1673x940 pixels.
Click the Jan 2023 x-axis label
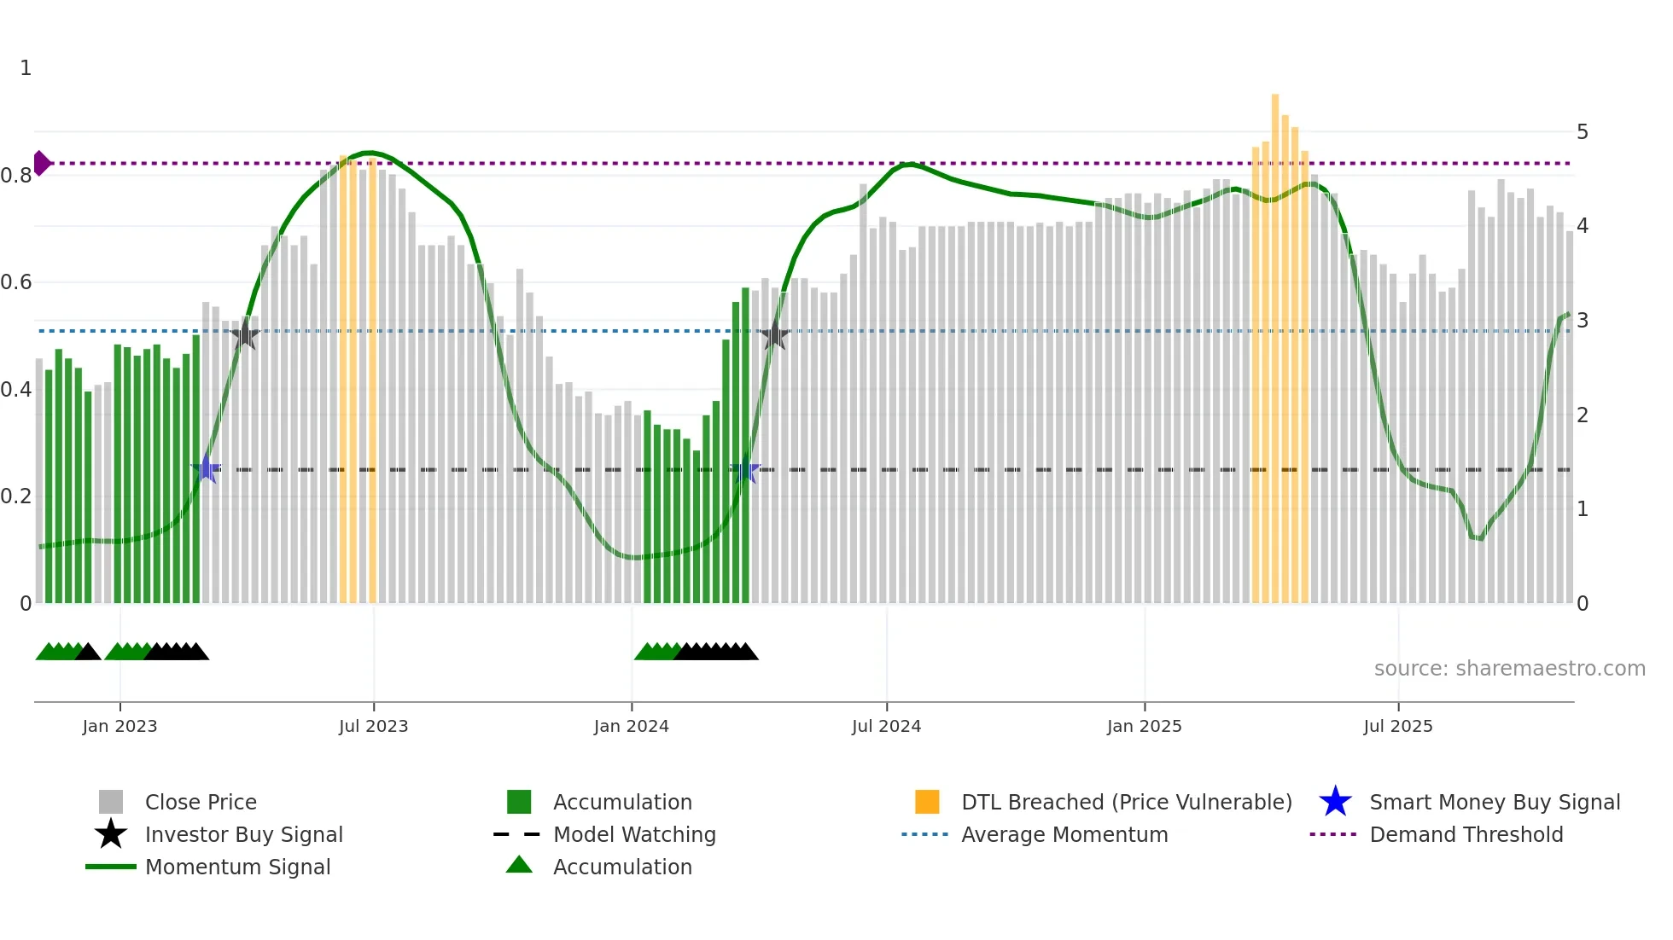coord(119,726)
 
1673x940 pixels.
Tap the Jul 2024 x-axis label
coord(886,726)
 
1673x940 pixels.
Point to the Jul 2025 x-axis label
coord(1397,726)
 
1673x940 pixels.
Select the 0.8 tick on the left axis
coord(16,176)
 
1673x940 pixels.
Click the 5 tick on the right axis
coord(1583,132)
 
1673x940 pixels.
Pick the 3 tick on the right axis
coord(1583,321)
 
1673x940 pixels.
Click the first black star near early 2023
coord(246,335)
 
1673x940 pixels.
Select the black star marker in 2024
coord(774,336)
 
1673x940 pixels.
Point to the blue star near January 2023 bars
coord(206,468)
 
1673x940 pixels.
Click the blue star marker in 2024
coord(746,469)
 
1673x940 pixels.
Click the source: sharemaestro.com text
coord(1509,669)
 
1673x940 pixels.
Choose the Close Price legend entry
coord(201,802)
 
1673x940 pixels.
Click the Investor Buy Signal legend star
coord(111,834)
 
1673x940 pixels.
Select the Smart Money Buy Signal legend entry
coord(1494,802)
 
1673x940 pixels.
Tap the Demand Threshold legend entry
coord(1466,834)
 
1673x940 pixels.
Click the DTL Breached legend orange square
coord(927,802)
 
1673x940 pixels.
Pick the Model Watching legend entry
coord(633,834)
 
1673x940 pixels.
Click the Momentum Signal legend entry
coord(237,867)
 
